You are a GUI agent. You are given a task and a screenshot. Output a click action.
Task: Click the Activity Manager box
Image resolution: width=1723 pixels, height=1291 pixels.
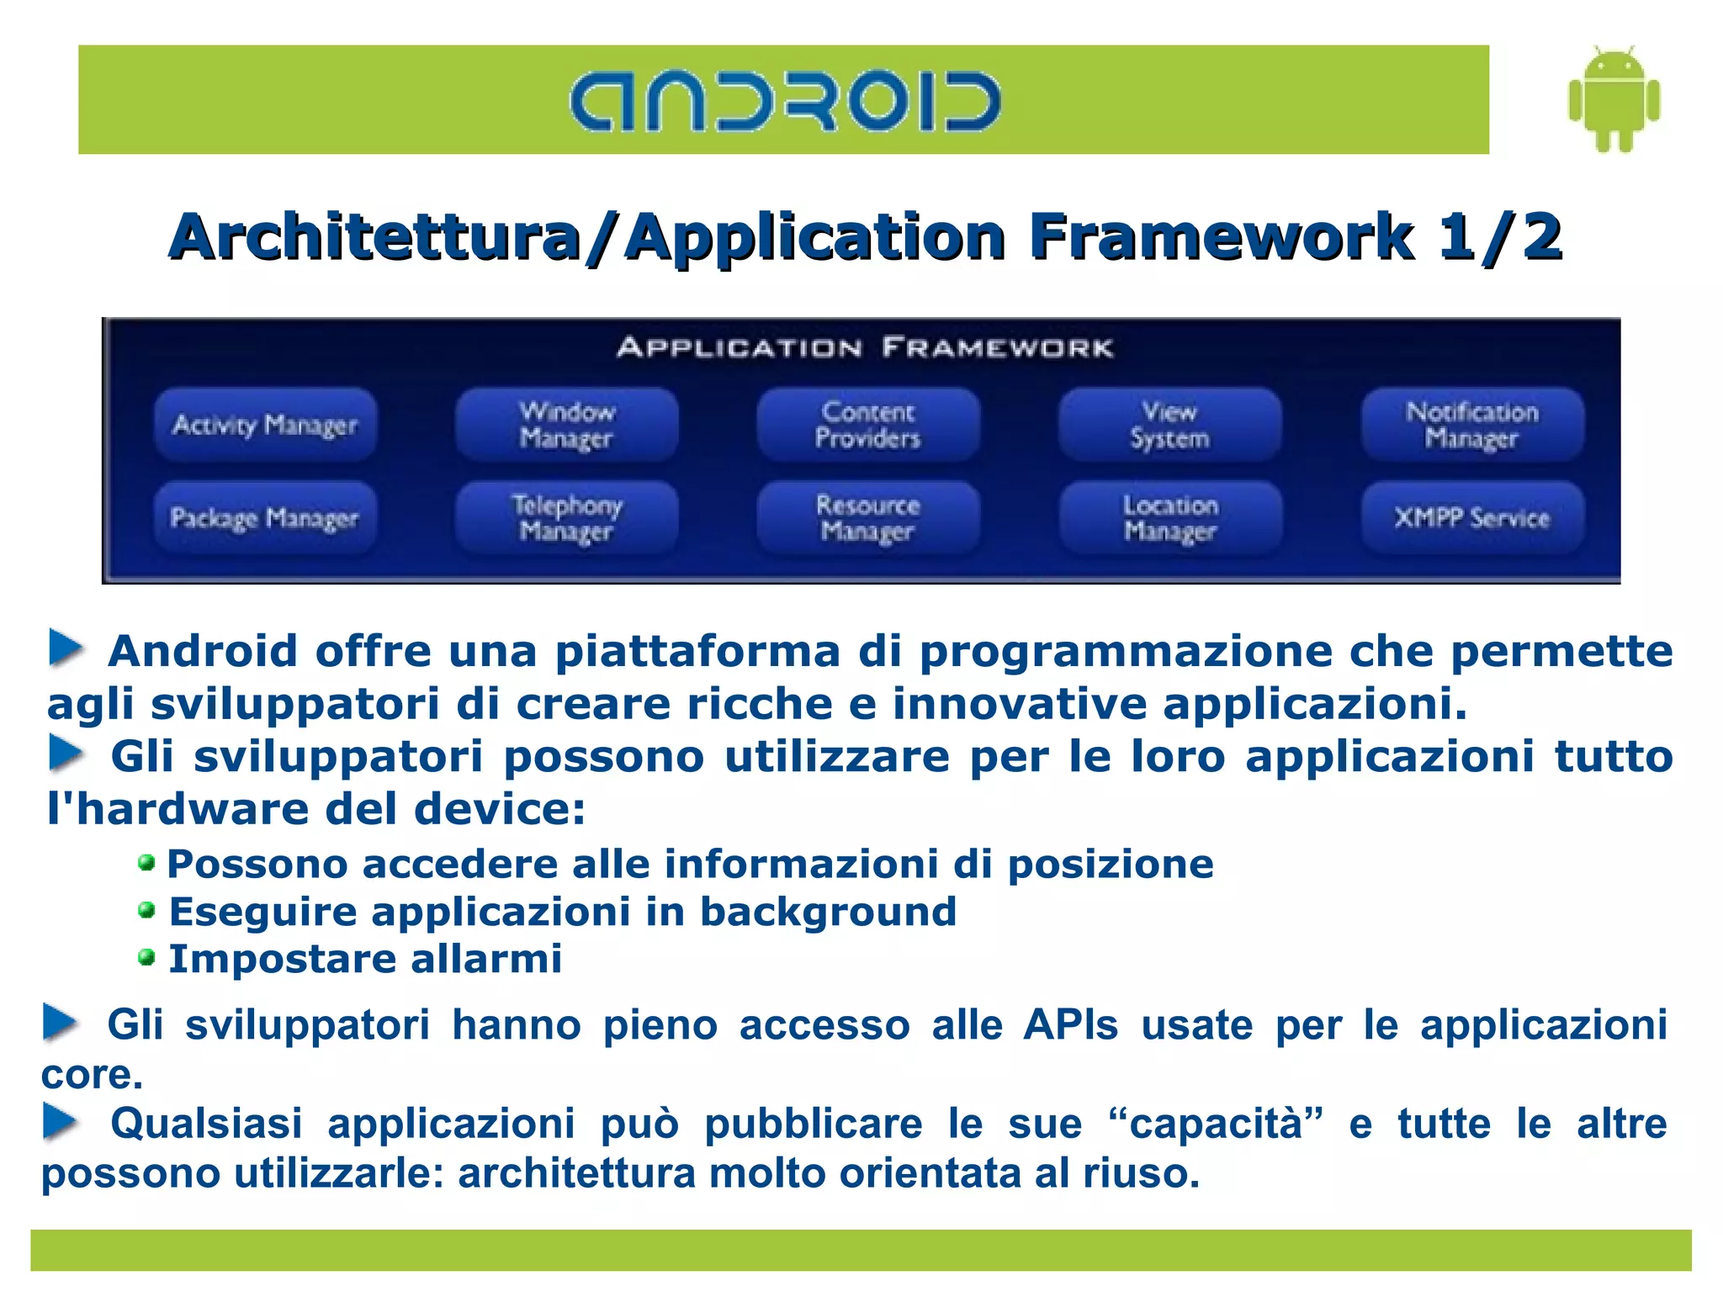click(x=265, y=425)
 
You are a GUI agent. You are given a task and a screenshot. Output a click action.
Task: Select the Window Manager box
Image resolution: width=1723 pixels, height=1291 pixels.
click(x=566, y=425)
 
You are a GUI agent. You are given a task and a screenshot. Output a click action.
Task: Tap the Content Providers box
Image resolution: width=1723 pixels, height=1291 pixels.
click(x=867, y=425)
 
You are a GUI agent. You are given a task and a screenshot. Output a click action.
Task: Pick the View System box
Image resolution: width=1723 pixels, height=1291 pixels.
click(x=1169, y=425)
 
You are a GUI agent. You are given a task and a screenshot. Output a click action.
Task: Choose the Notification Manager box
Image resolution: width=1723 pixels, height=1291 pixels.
click(x=1471, y=425)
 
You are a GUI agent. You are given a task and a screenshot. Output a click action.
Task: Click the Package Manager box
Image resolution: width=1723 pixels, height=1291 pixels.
click(x=265, y=517)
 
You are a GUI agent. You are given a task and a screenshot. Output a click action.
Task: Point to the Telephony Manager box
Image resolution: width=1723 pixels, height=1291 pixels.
click(x=566, y=517)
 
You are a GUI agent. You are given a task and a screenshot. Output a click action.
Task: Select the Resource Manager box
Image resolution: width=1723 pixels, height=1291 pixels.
click(x=867, y=517)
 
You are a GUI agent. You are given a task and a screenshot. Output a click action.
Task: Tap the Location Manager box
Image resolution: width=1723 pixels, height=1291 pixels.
click(x=1169, y=517)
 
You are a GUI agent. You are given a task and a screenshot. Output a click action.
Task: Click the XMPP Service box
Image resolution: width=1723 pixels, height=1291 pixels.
click(x=1471, y=517)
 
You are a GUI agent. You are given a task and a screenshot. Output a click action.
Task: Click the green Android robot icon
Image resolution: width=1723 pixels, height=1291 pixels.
click(x=1614, y=99)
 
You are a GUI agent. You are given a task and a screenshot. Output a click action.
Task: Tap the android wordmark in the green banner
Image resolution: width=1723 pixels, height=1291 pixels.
click(x=784, y=102)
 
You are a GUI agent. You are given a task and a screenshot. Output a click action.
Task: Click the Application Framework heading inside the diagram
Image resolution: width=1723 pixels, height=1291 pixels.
click(x=865, y=347)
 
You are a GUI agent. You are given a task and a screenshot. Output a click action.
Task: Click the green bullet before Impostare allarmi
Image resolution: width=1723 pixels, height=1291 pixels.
click(x=146, y=958)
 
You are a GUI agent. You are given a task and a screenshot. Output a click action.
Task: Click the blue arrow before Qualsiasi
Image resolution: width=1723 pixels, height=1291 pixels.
click(x=61, y=1123)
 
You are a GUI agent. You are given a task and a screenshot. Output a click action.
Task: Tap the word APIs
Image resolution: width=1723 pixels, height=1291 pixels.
click(x=1070, y=1025)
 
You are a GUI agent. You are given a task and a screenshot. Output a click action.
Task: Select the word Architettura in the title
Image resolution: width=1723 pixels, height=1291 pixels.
click(x=375, y=237)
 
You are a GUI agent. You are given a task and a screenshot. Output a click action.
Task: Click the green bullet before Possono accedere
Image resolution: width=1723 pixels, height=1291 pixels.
click(x=146, y=863)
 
